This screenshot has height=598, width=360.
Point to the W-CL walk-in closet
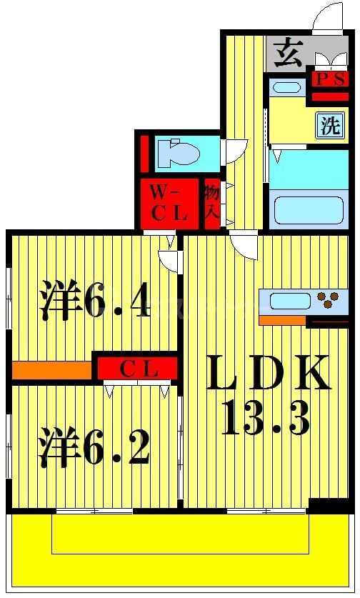tap(168, 202)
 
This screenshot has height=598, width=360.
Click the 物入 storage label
tap(212, 202)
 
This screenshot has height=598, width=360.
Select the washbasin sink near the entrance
tap(288, 89)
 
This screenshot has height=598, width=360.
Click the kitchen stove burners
tap(329, 299)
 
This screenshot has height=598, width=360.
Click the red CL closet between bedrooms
tap(137, 369)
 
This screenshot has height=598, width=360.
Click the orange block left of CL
tap(52, 369)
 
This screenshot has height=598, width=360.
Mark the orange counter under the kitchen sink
tap(283, 319)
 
